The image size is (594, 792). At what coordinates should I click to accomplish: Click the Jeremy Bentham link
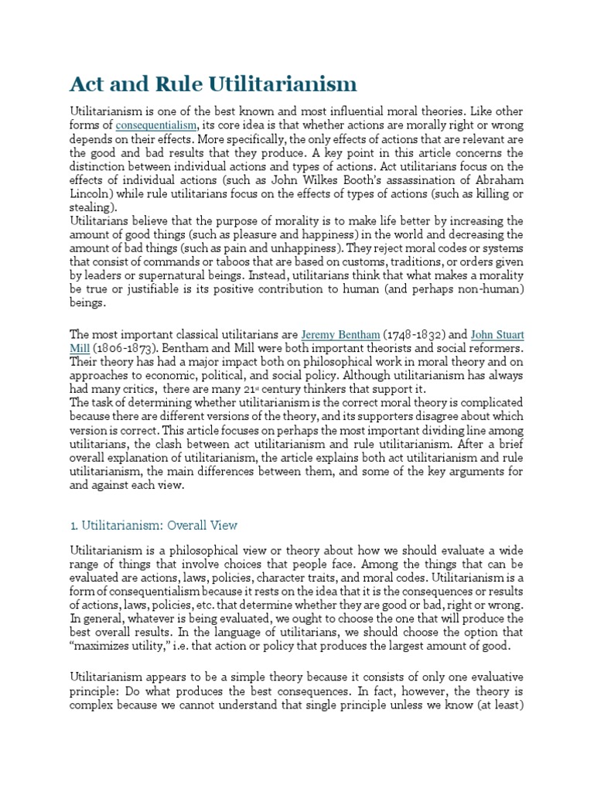point(340,334)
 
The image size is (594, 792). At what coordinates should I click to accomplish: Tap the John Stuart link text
point(497,334)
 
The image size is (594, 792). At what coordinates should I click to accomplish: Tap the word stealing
point(92,207)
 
